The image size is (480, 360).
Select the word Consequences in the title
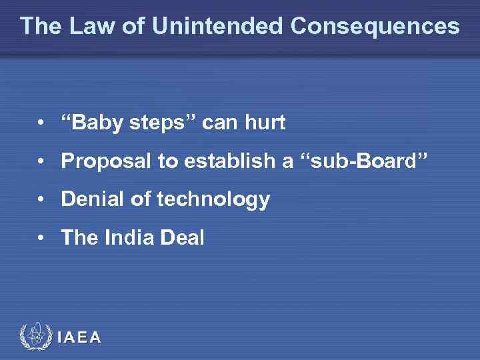click(375, 26)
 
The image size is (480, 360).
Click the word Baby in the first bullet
click(96, 123)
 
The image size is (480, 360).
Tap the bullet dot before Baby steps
click(41, 123)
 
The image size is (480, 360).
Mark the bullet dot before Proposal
click(41, 161)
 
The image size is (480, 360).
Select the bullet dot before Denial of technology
click(41, 199)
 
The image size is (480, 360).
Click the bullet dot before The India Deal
click(41, 238)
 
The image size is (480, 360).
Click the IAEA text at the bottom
click(79, 338)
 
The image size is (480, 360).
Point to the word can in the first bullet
click(219, 123)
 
